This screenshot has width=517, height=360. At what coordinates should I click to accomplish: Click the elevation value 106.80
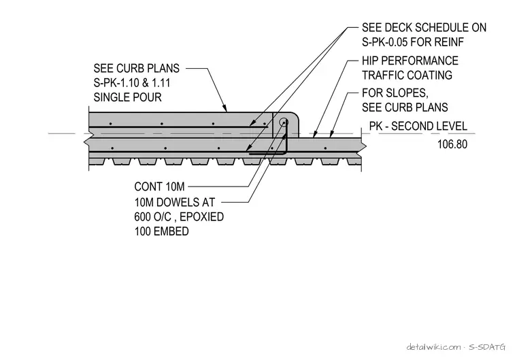(452, 144)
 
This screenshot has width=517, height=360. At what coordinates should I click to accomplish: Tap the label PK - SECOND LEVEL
(418, 127)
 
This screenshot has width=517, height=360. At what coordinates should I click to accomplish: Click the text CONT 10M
(159, 186)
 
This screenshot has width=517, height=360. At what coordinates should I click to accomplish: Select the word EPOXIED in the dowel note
(202, 217)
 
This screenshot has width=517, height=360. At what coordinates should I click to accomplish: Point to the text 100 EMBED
(162, 231)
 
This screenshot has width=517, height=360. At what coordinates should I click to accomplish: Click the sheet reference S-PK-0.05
(385, 42)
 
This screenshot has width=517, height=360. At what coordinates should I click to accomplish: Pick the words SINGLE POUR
(128, 97)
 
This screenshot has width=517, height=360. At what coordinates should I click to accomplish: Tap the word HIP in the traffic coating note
(369, 61)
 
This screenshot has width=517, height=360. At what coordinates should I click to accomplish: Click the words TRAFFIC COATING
(407, 76)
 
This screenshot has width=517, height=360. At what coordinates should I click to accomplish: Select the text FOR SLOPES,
(395, 93)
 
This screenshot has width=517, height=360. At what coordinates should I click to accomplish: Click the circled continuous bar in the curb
(283, 122)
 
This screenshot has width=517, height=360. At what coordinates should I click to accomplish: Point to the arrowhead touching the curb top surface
(225, 109)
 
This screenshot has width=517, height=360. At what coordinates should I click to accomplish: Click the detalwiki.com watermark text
(433, 347)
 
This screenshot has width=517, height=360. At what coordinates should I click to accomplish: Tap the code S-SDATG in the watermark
(487, 347)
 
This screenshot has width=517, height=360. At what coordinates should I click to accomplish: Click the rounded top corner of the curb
(296, 116)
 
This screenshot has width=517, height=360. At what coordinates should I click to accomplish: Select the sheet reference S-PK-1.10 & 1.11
(132, 83)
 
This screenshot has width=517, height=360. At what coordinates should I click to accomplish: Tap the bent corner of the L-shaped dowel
(286, 153)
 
